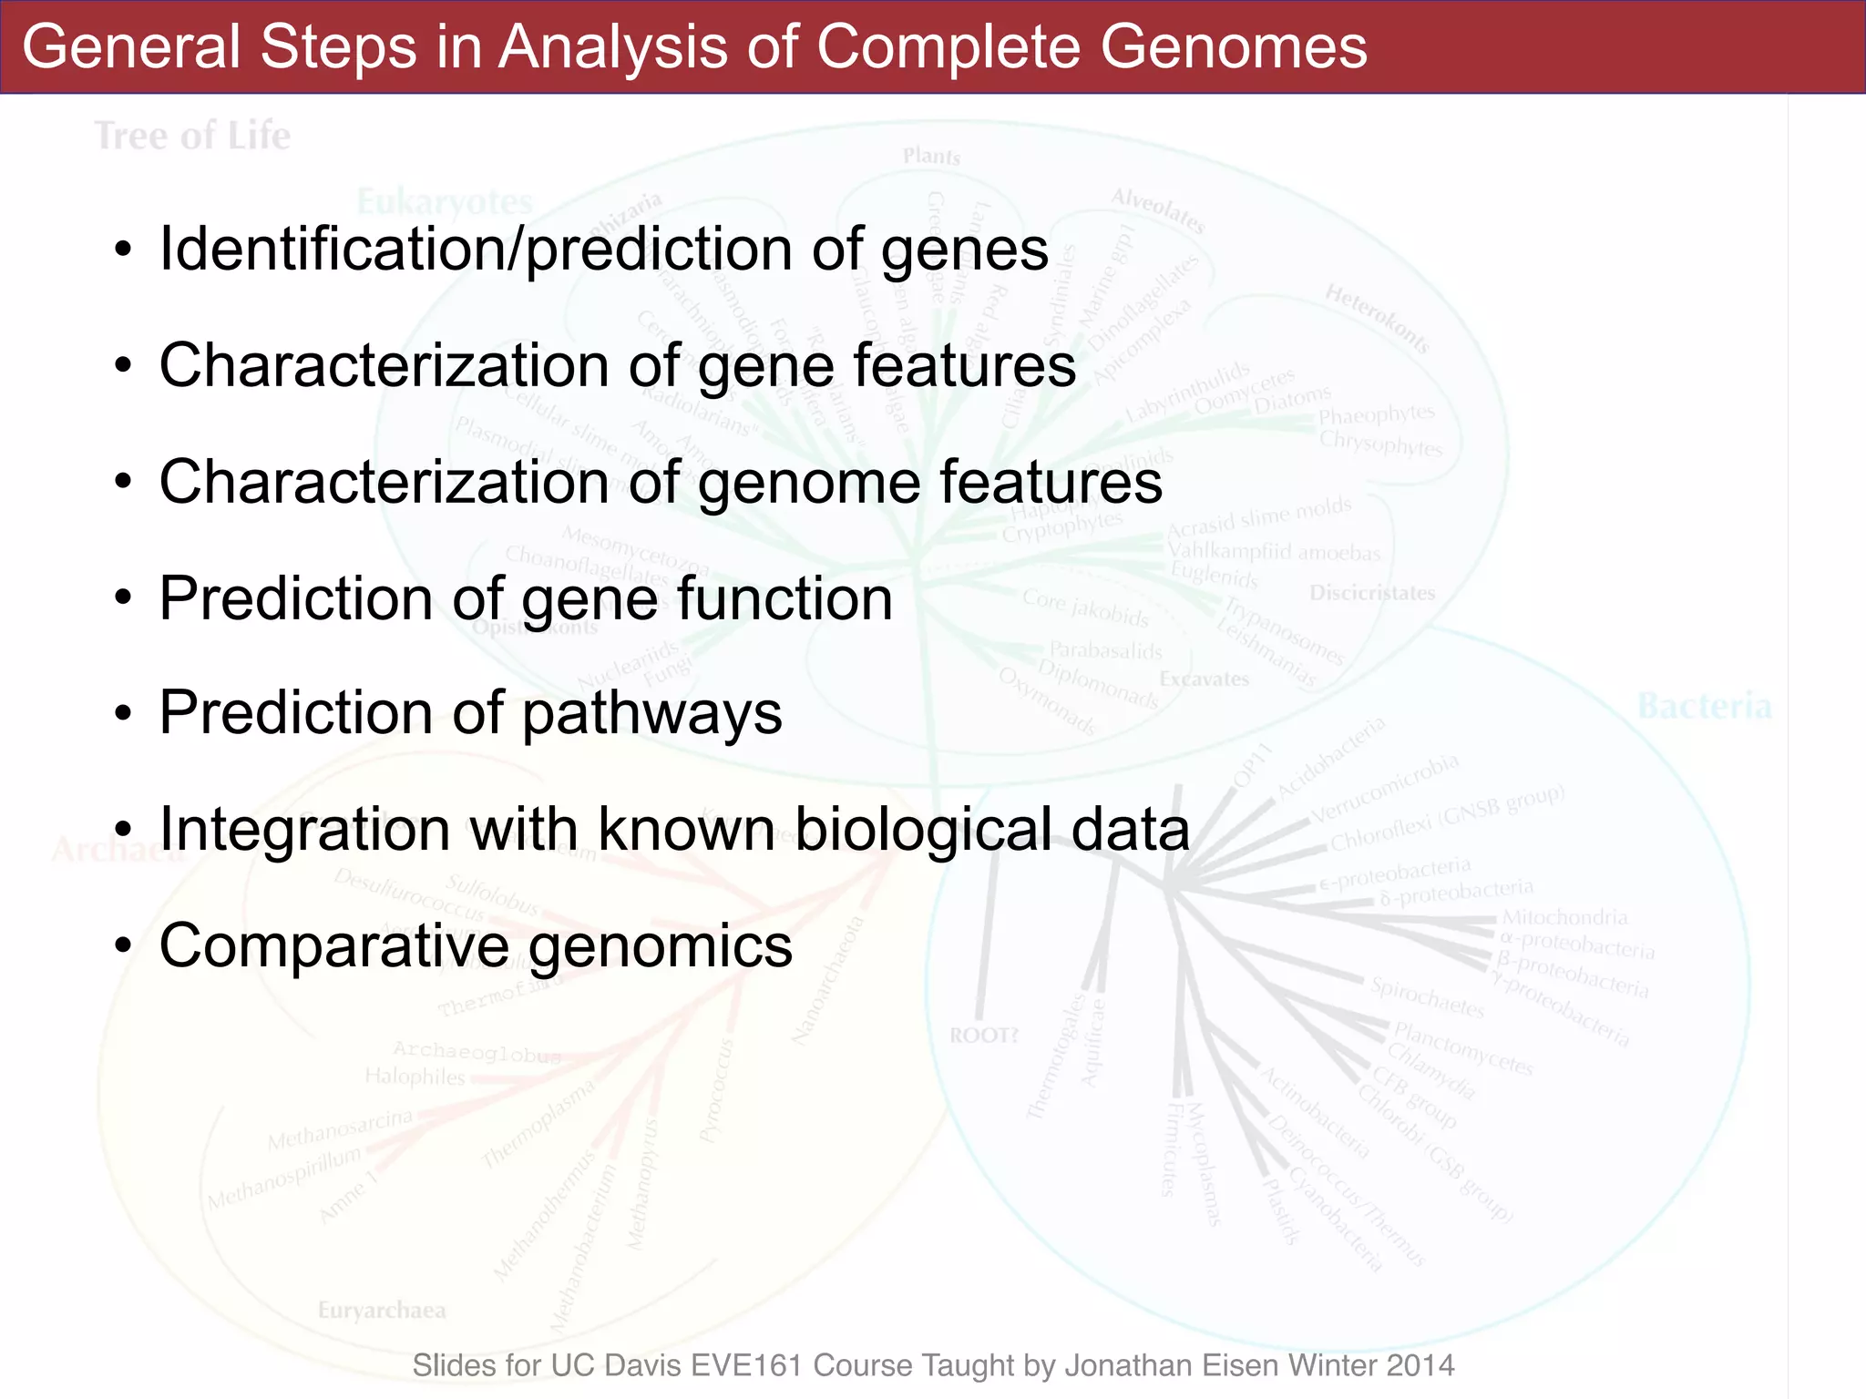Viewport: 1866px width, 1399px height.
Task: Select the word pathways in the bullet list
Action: click(x=652, y=713)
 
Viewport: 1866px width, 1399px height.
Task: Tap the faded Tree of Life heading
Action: click(x=193, y=137)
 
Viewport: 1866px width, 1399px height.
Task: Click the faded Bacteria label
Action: click(x=1704, y=707)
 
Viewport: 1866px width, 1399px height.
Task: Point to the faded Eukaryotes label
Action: click(x=445, y=201)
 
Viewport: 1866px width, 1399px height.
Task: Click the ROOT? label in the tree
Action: click(x=984, y=1036)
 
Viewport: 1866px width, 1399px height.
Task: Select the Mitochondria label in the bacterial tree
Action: click(x=1564, y=917)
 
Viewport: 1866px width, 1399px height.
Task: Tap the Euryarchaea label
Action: click(x=382, y=1311)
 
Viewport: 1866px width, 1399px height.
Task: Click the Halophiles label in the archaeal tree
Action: click(x=415, y=1077)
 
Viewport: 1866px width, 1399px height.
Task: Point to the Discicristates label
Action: click(x=1372, y=593)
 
